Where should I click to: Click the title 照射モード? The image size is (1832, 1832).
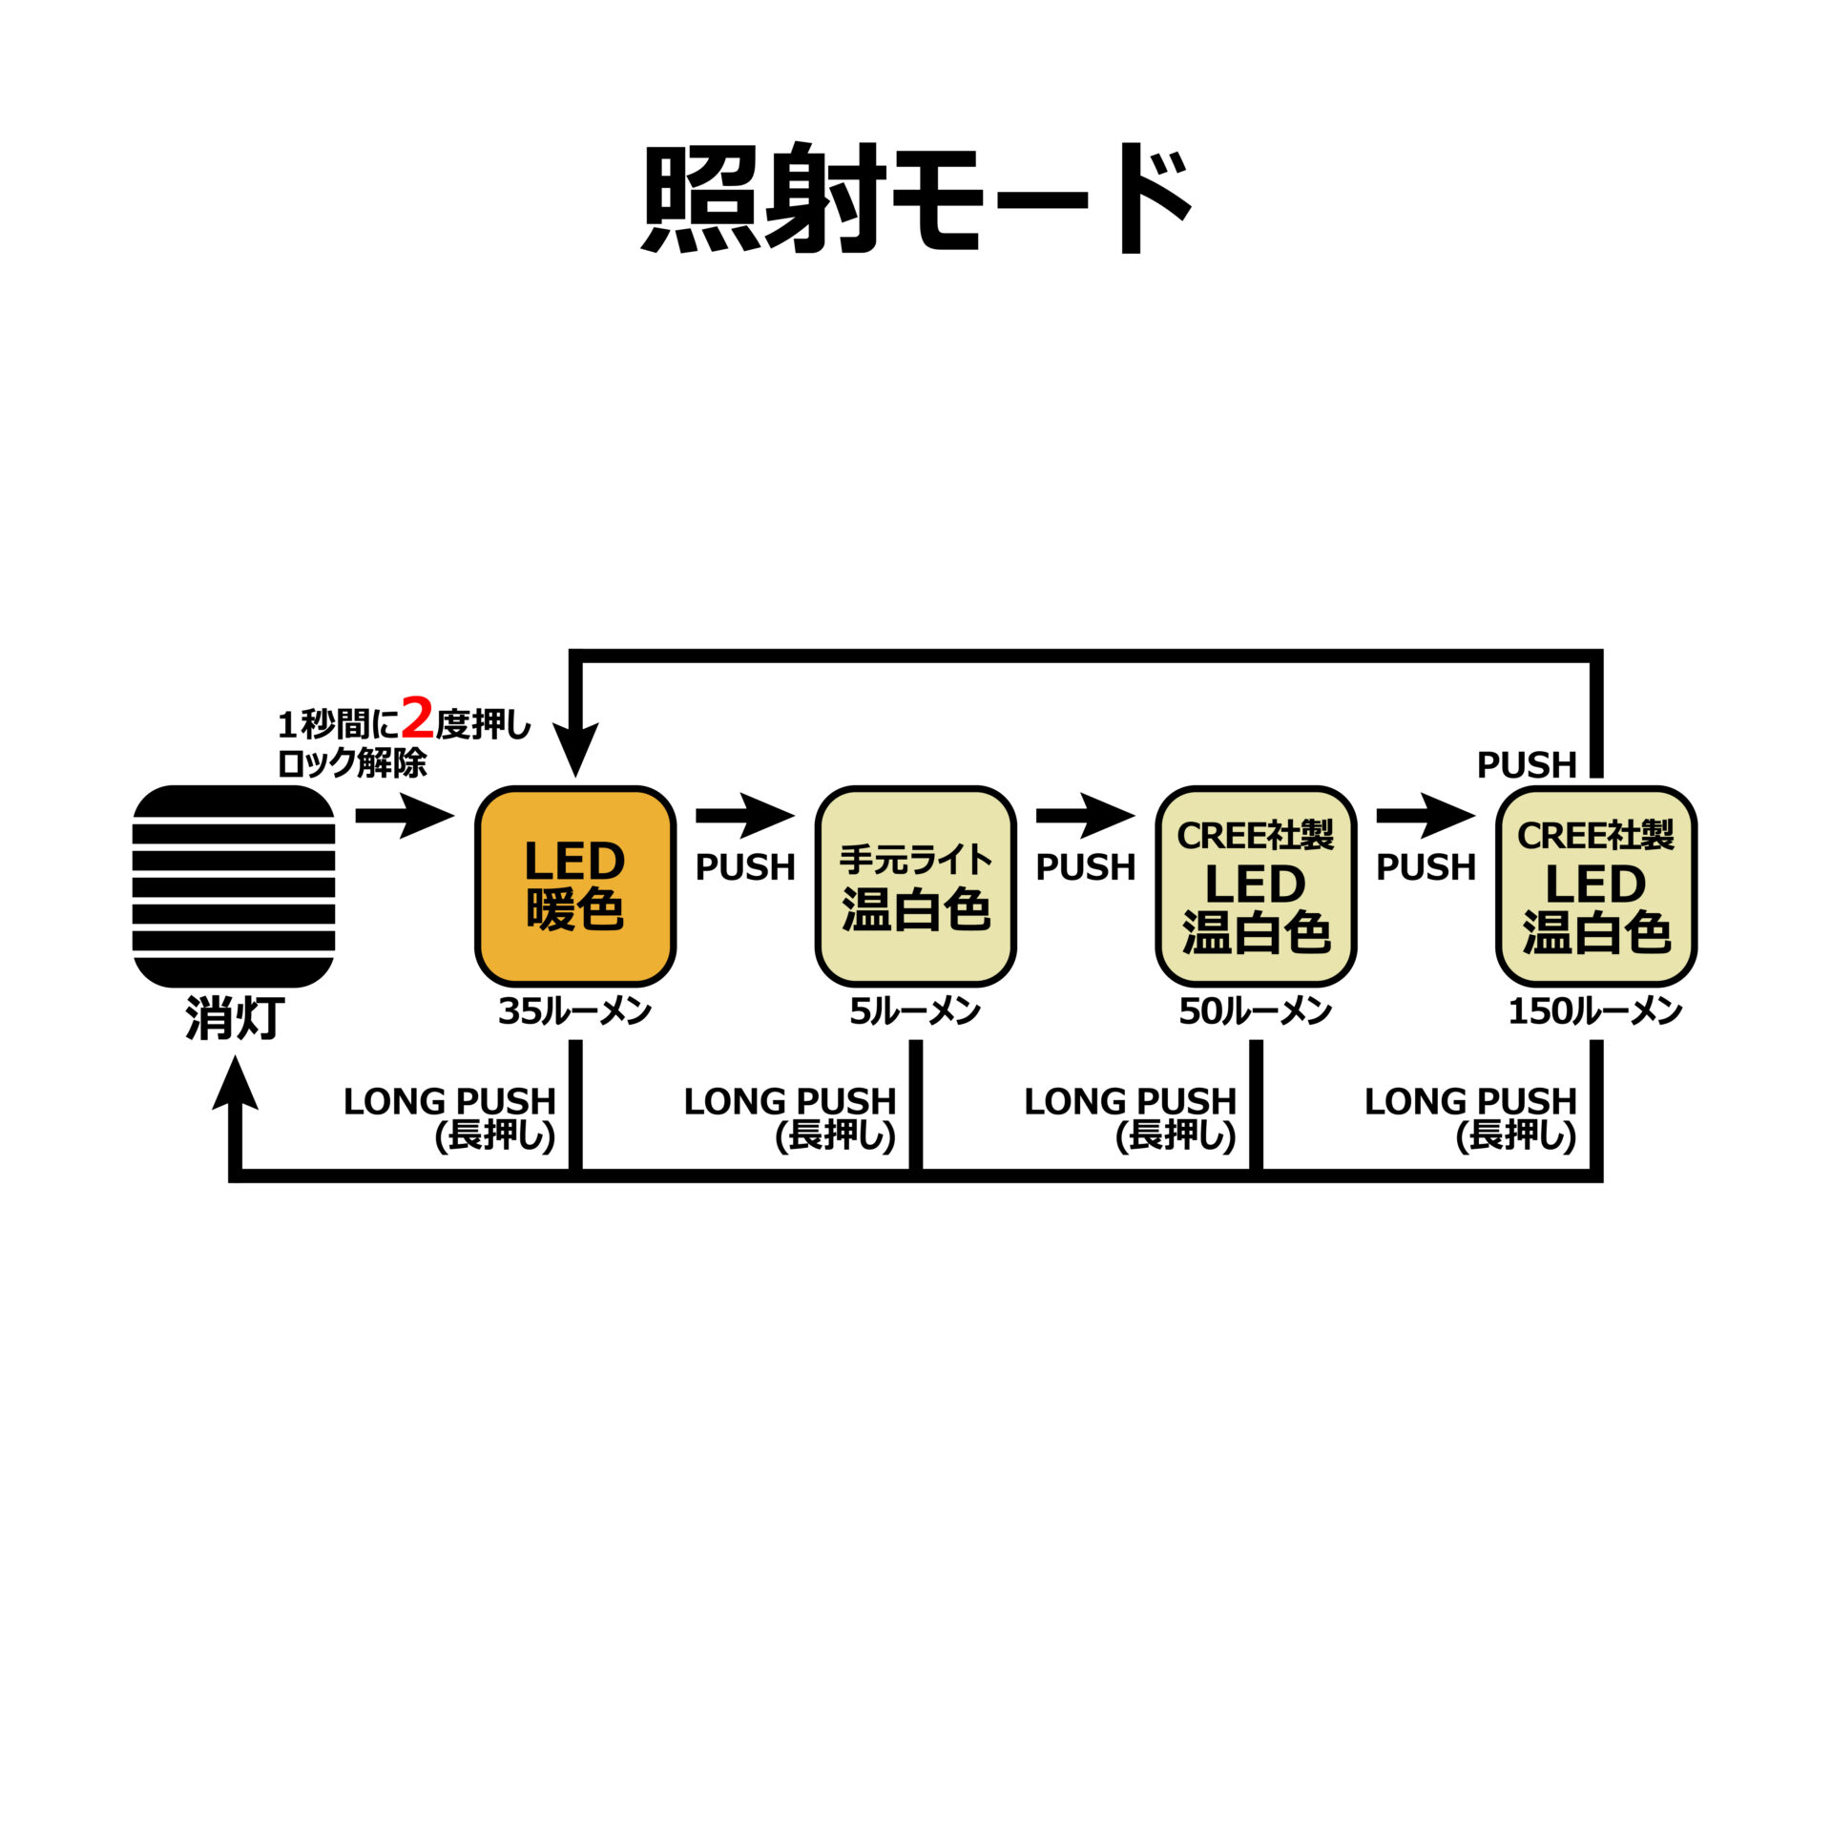pyautogui.click(x=916, y=198)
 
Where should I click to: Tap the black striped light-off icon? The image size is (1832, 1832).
pyautogui.click(x=234, y=886)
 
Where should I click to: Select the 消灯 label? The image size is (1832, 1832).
pyautogui.click(x=235, y=1018)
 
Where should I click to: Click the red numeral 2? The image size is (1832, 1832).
pyautogui.click(x=417, y=718)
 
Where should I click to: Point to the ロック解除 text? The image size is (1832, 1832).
pyautogui.click(x=351, y=763)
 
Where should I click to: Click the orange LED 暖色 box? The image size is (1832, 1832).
pyautogui.click(x=575, y=886)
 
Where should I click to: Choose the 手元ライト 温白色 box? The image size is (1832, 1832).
pyautogui.click(x=916, y=886)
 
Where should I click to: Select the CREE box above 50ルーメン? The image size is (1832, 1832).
pyautogui.click(x=1256, y=886)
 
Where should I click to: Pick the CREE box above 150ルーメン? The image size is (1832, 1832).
pyautogui.click(x=1596, y=886)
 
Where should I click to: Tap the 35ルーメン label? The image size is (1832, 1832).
pyautogui.click(x=574, y=1011)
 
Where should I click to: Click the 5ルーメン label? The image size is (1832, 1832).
pyautogui.click(x=915, y=1011)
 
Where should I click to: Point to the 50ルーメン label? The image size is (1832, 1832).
pyautogui.click(x=1255, y=1011)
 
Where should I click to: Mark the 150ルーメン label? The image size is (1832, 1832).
pyautogui.click(x=1594, y=1011)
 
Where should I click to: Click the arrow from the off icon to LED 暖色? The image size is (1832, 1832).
pyautogui.click(x=405, y=816)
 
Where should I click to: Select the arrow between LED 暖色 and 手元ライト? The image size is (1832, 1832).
pyautogui.click(x=745, y=816)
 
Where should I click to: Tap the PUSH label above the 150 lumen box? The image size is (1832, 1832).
pyautogui.click(x=1527, y=764)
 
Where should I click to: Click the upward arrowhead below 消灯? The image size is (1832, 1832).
pyautogui.click(x=235, y=1084)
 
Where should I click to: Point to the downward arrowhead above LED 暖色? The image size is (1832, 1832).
pyautogui.click(x=575, y=749)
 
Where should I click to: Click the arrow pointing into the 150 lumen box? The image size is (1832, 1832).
pyautogui.click(x=1426, y=816)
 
